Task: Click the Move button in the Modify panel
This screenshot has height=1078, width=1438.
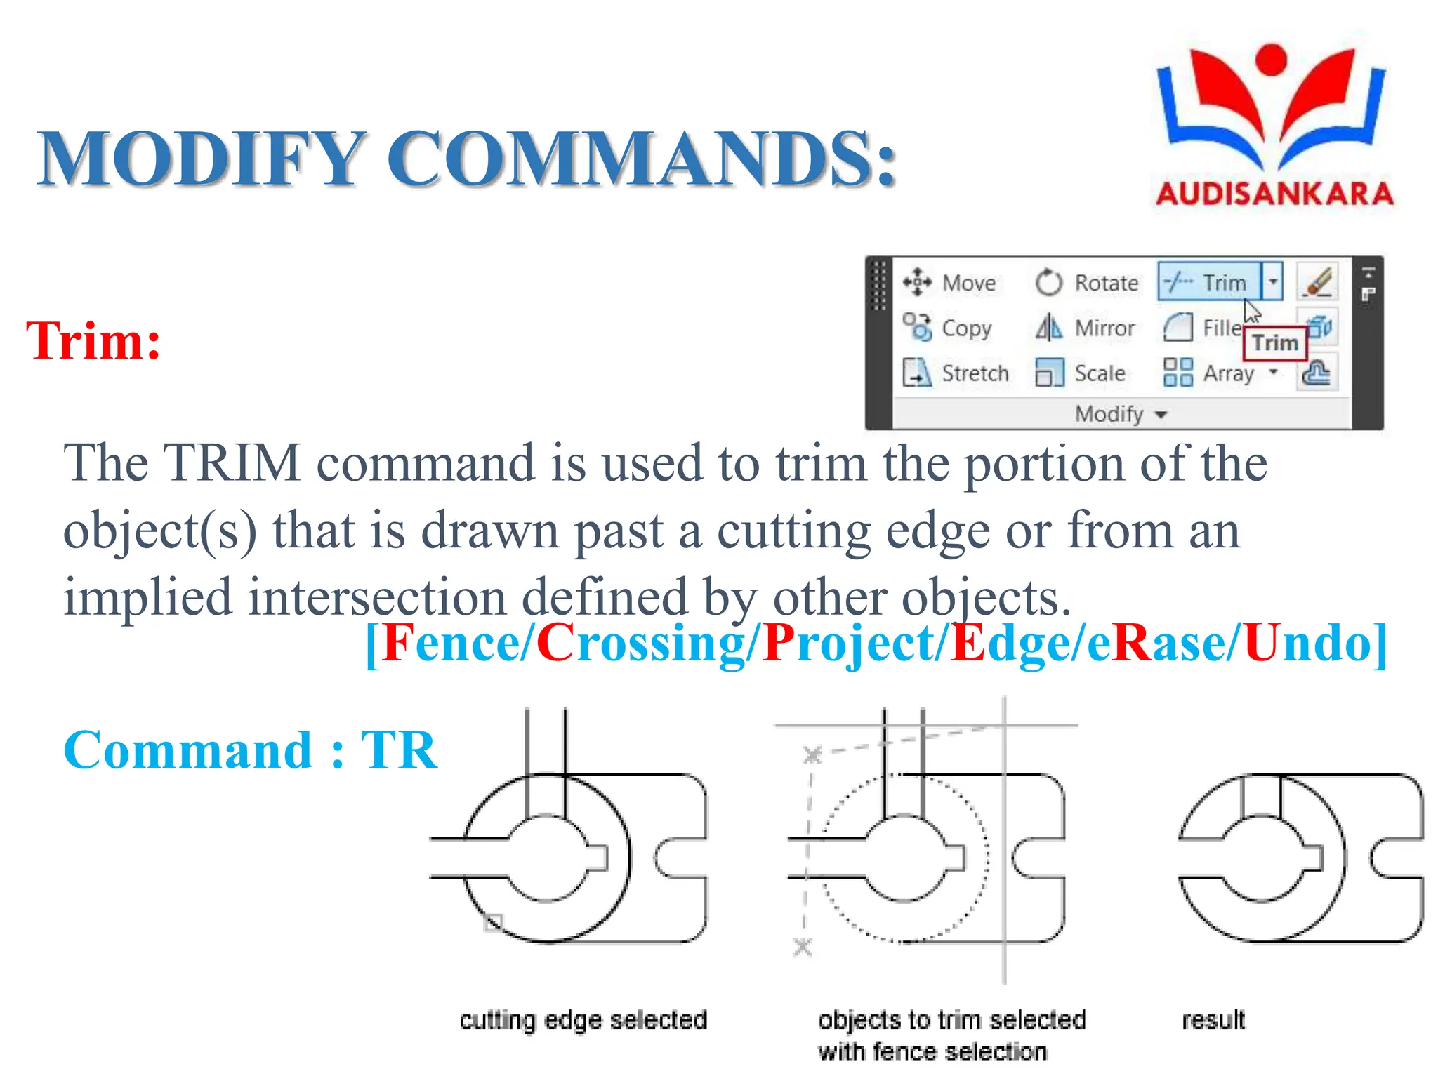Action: tap(951, 283)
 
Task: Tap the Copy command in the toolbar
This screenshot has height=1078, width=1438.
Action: tap(948, 328)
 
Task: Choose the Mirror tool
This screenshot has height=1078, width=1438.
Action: tap(1086, 328)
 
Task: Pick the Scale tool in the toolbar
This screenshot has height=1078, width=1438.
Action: tap(1081, 373)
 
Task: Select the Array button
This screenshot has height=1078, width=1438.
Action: tap(1210, 373)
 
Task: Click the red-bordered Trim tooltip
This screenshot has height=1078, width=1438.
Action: tap(1275, 342)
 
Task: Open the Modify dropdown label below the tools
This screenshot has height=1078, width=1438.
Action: tap(1121, 414)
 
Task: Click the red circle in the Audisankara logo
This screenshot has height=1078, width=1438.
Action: tap(1270, 59)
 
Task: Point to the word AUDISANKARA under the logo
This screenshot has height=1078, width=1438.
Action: tap(1274, 194)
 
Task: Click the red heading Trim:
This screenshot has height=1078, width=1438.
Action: tap(93, 341)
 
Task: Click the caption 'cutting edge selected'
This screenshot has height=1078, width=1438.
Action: tap(583, 1020)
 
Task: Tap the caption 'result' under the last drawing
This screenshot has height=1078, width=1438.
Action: tap(1213, 1020)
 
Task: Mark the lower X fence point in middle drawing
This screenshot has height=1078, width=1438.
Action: tap(803, 947)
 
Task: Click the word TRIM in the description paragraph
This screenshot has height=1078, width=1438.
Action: tap(232, 463)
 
